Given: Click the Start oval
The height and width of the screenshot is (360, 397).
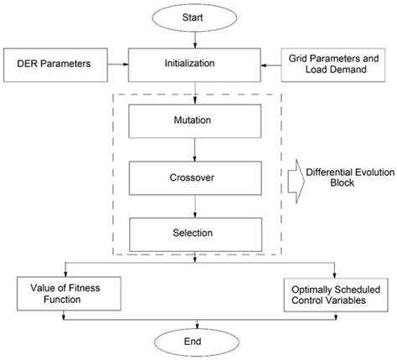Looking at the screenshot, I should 195,18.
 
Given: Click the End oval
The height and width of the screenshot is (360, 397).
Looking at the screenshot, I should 195,342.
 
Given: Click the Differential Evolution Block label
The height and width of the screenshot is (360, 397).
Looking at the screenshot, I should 344,178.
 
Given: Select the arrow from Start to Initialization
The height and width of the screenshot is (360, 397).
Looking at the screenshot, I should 195,40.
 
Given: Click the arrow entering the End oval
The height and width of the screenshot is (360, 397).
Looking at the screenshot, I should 195,322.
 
